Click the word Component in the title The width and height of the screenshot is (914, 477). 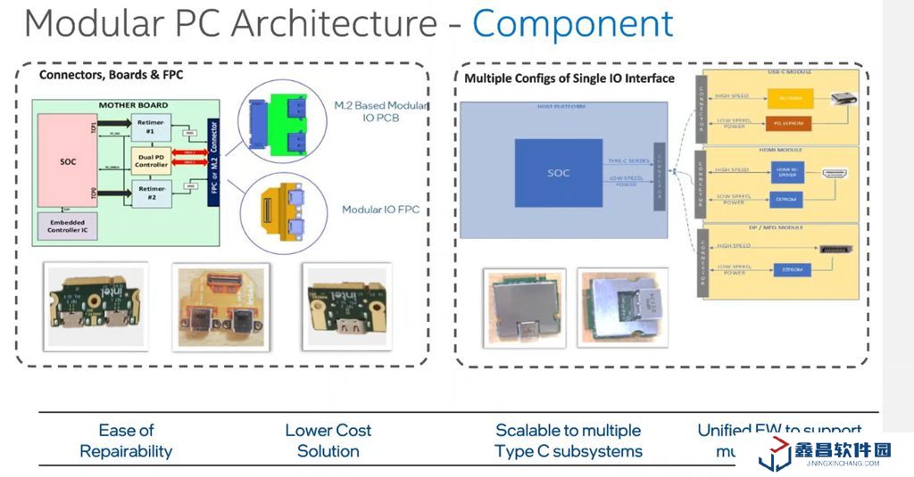(x=572, y=23)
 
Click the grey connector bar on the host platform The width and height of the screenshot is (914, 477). (x=660, y=176)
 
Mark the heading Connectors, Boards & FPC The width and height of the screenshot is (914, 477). (x=111, y=75)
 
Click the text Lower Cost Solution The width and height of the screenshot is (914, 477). (x=328, y=440)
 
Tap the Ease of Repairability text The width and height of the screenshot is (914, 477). (x=126, y=440)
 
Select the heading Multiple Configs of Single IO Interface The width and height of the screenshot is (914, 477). (x=569, y=78)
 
